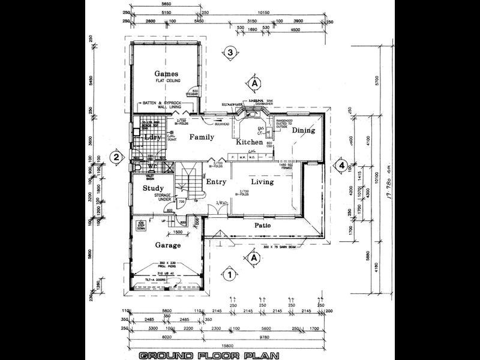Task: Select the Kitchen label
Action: click(249, 142)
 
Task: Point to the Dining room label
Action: click(303, 130)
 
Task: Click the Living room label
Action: click(262, 181)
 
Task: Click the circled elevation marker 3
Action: click(230, 52)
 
